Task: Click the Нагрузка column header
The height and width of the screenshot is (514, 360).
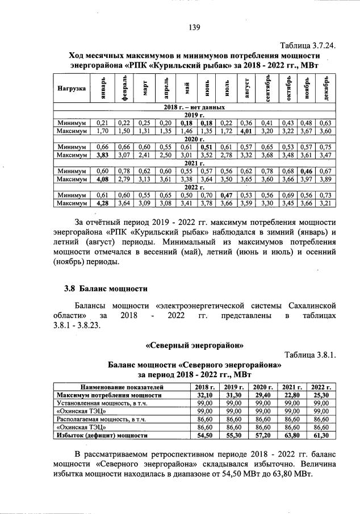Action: click(x=72, y=89)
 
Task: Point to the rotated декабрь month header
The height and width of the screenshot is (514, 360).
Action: click(x=326, y=89)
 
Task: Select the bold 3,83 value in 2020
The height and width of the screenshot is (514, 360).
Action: click(x=102, y=154)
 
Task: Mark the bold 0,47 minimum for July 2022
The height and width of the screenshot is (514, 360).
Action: click(x=227, y=195)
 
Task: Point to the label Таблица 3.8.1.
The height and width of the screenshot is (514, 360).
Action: click(x=311, y=356)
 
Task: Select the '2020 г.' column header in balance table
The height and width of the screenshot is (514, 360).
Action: click(x=262, y=387)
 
